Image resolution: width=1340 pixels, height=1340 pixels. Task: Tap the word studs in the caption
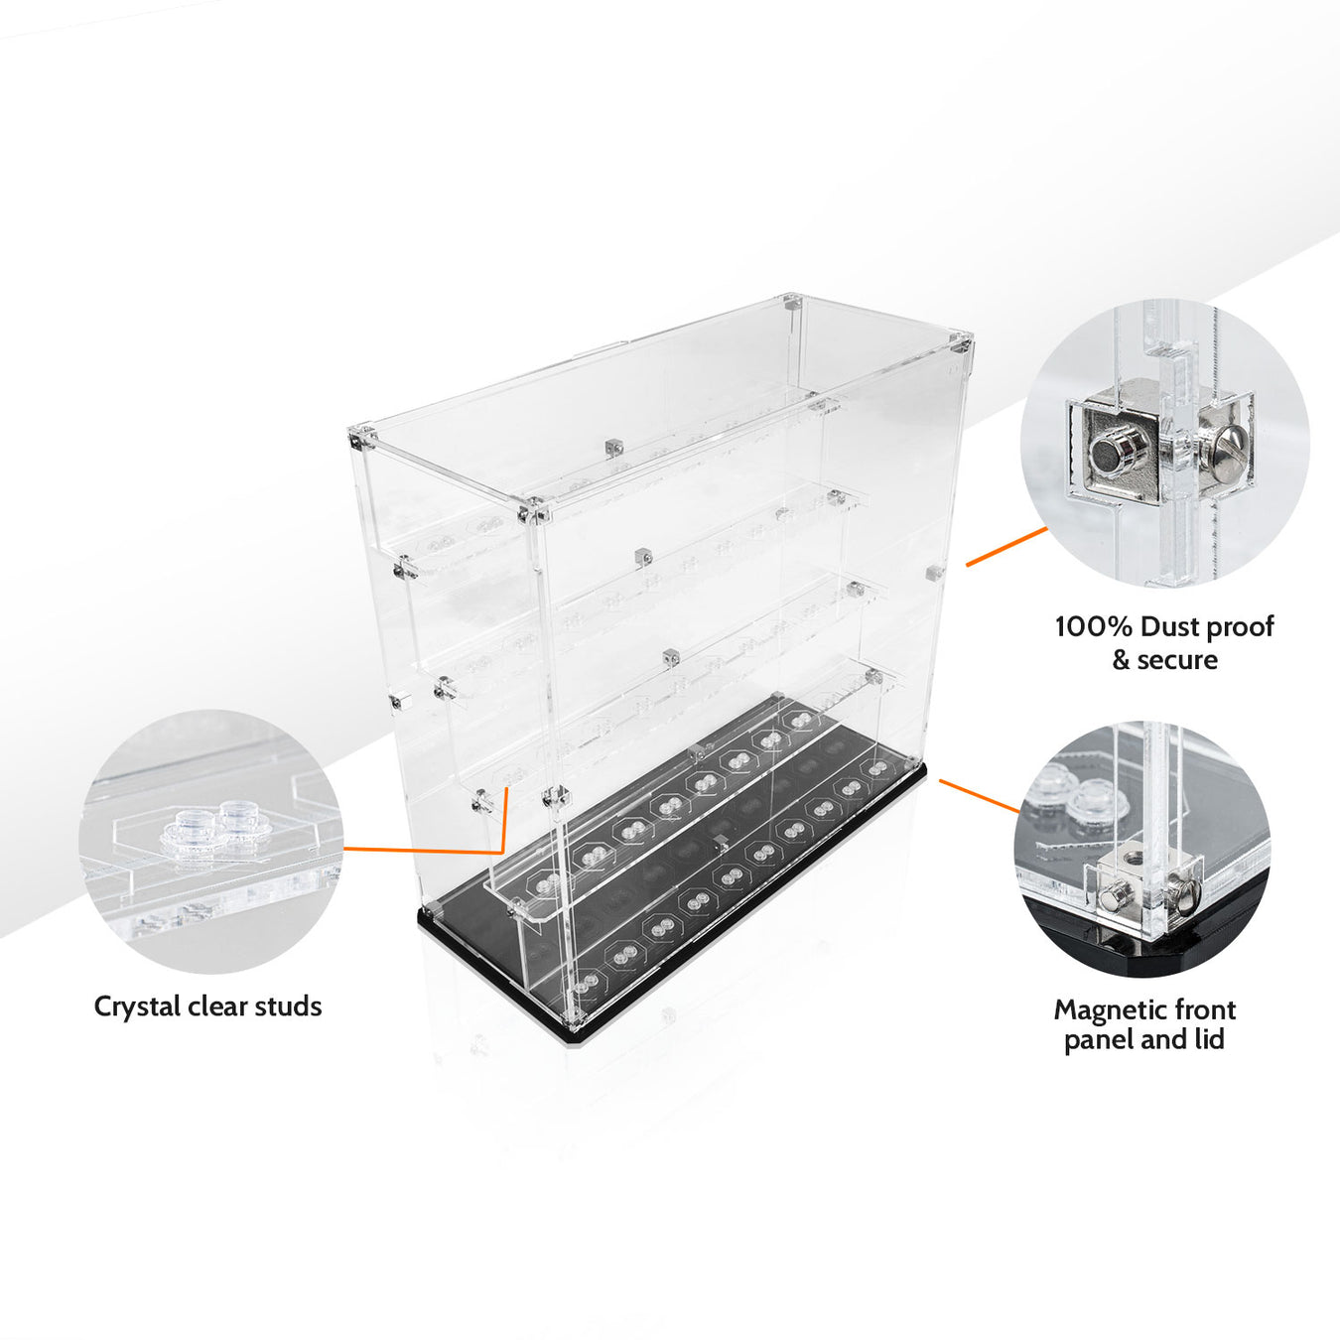288,1006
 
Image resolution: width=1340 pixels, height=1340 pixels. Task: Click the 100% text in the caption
1093,627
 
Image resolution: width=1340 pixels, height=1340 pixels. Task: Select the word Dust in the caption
1169,627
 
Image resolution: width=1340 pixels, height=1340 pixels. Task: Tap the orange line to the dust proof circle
1006,547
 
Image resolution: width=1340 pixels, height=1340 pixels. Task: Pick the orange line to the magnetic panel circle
980,796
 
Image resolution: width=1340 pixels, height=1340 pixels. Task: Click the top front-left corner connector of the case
533,514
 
